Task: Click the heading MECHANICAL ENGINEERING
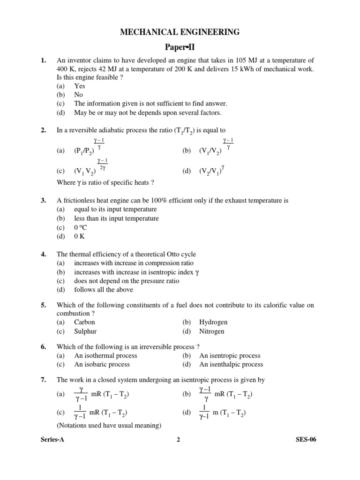point(180,32)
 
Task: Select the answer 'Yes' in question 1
point(79,86)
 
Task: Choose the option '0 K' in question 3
point(80,236)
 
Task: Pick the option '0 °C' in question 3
point(80,227)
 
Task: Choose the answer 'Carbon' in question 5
point(84,322)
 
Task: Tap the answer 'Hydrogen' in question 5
point(213,322)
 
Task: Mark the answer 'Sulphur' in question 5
point(85,331)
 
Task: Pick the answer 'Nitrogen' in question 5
point(212,331)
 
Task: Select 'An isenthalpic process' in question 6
point(231,364)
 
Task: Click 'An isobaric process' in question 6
point(102,364)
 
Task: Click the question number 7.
point(43,380)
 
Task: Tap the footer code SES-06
point(307,440)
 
